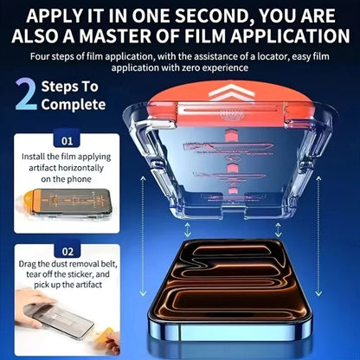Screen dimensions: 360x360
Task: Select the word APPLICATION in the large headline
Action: (290, 36)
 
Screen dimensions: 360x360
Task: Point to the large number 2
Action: (26, 94)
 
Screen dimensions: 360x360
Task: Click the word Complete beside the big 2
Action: (74, 105)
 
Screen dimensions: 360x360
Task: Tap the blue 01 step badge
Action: (67, 140)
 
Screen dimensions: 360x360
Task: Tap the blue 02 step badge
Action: (67, 251)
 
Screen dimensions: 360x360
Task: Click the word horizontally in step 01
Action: (80, 168)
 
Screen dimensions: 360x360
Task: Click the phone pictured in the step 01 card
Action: (72, 202)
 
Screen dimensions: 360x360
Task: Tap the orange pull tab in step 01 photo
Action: (27, 199)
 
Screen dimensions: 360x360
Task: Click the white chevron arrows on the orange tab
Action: (231, 93)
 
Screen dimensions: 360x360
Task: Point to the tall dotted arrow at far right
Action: (318, 236)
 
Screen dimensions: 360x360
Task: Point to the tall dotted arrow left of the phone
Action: (143, 236)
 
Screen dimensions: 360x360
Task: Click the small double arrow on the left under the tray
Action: (188, 229)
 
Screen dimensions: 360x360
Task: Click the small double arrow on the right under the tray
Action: (278, 229)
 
